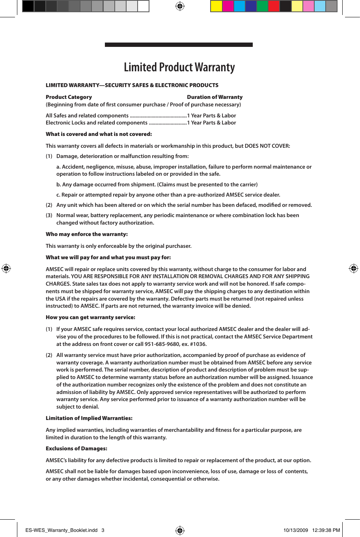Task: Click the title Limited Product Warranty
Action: pyautogui.click(x=179, y=67)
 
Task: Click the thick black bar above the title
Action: pyautogui.click(x=179, y=45)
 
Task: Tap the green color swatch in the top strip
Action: pyautogui.click(x=262, y=6)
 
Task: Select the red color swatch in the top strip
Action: pyautogui.click(x=274, y=6)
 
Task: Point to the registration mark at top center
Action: pyautogui.click(x=180, y=6)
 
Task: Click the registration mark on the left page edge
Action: pyautogui.click(x=6, y=268)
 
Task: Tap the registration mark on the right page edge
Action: pyautogui.click(x=353, y=268)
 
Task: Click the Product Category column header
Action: pyautogui.click(x=69, y=97)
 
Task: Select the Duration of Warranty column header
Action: pyautogui.click(x=215, y=97)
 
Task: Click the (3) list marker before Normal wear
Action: pyautogui.click(x=49, y=215)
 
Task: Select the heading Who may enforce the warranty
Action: pyautogui.click(x=86, y=234)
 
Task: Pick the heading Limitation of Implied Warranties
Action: pyautogui.click(x=89, y=418)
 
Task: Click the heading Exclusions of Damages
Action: pyautogui.click(x=76, y=448)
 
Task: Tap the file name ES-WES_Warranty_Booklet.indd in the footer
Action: pyautogui.click(x=62, y=530)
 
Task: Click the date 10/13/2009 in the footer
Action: pyautogui.click(x=295, y=530)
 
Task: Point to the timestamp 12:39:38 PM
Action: pyautogui.click(x=326, y=530)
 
